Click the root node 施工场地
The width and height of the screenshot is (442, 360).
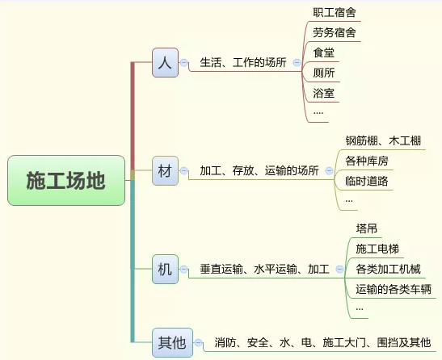coord(66,180)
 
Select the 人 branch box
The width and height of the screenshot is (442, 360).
coord(165,62)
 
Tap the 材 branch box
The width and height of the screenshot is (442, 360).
coord(165,170)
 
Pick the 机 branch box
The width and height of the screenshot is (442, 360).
coord(165,269)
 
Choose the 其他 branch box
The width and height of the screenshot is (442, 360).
coord(172,342)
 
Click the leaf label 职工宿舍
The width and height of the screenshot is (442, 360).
coord(335,12)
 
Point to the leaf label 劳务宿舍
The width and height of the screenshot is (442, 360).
coord(335,32)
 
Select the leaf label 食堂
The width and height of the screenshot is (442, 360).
coord(323,52)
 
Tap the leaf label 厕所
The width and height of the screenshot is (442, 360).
coord(323,73)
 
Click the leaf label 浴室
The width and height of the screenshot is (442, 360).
coord(323,94)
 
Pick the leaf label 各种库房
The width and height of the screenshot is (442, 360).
coord(367,161)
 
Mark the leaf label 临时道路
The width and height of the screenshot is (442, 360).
coord(367,181)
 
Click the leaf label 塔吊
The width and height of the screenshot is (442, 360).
coord(367,228)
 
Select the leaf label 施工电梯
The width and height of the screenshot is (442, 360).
coord(377,249)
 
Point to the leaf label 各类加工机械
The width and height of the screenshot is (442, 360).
coord(388,269)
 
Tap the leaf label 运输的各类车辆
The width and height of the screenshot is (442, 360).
coord(394,289)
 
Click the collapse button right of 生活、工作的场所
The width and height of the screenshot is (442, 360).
coord(297,62)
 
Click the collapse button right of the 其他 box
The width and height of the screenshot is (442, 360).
coord(199,342)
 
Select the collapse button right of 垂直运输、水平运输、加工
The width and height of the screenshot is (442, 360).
coord(339,269)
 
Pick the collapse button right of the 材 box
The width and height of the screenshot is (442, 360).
coord(183,170)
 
